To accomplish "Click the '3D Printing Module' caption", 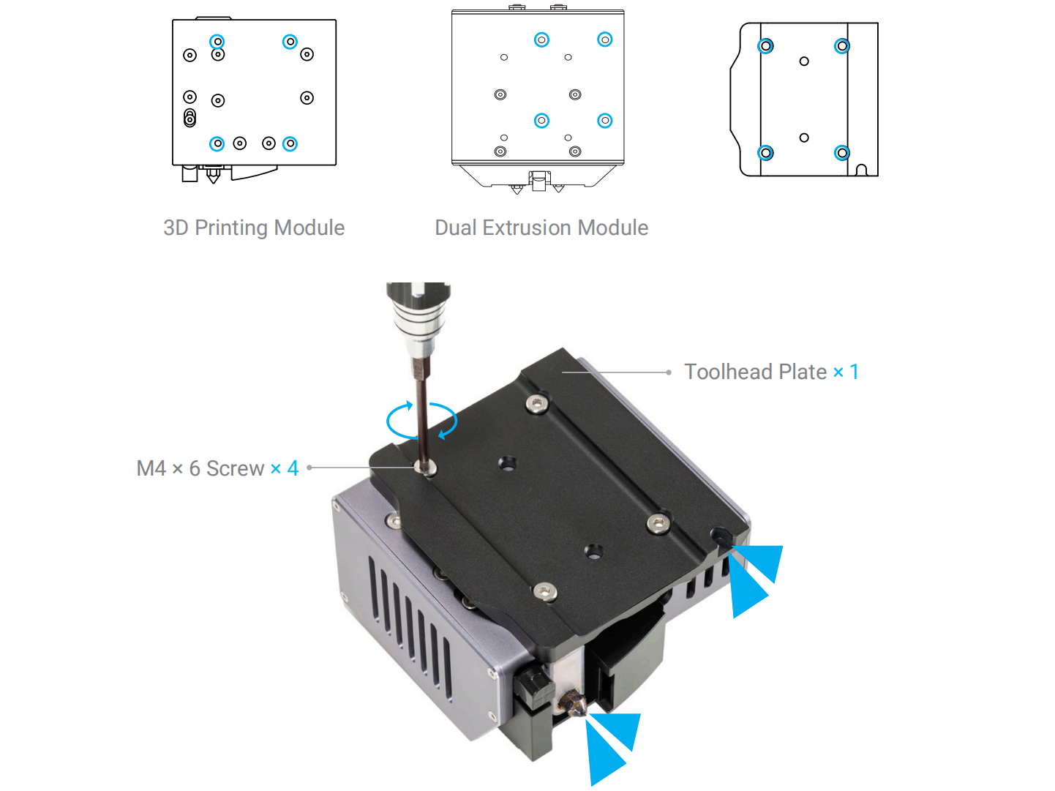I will (253, 228).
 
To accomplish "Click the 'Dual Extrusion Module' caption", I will (541, 228).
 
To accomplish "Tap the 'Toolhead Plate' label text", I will (755, 372).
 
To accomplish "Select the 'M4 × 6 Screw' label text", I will (200, 468).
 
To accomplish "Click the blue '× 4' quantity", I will (285, 468).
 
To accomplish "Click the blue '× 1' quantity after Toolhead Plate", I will (846, 372).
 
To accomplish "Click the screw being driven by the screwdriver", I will (424, 467).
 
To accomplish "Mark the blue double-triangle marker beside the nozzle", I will (610, 746).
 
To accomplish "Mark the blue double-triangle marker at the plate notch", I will (754, 578).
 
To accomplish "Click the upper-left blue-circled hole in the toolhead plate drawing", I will (765, 46).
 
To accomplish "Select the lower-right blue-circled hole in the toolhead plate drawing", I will (842, 153).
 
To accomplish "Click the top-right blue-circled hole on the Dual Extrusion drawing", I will (604, 40).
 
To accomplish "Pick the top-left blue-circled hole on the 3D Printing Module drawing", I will (217, 42).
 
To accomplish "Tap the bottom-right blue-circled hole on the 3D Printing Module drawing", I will (290, 144).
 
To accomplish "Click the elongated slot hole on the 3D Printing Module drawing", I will (189, 118).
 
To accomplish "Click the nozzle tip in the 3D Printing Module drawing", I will (213, 178).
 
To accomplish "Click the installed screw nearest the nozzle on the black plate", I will (544, 591).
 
